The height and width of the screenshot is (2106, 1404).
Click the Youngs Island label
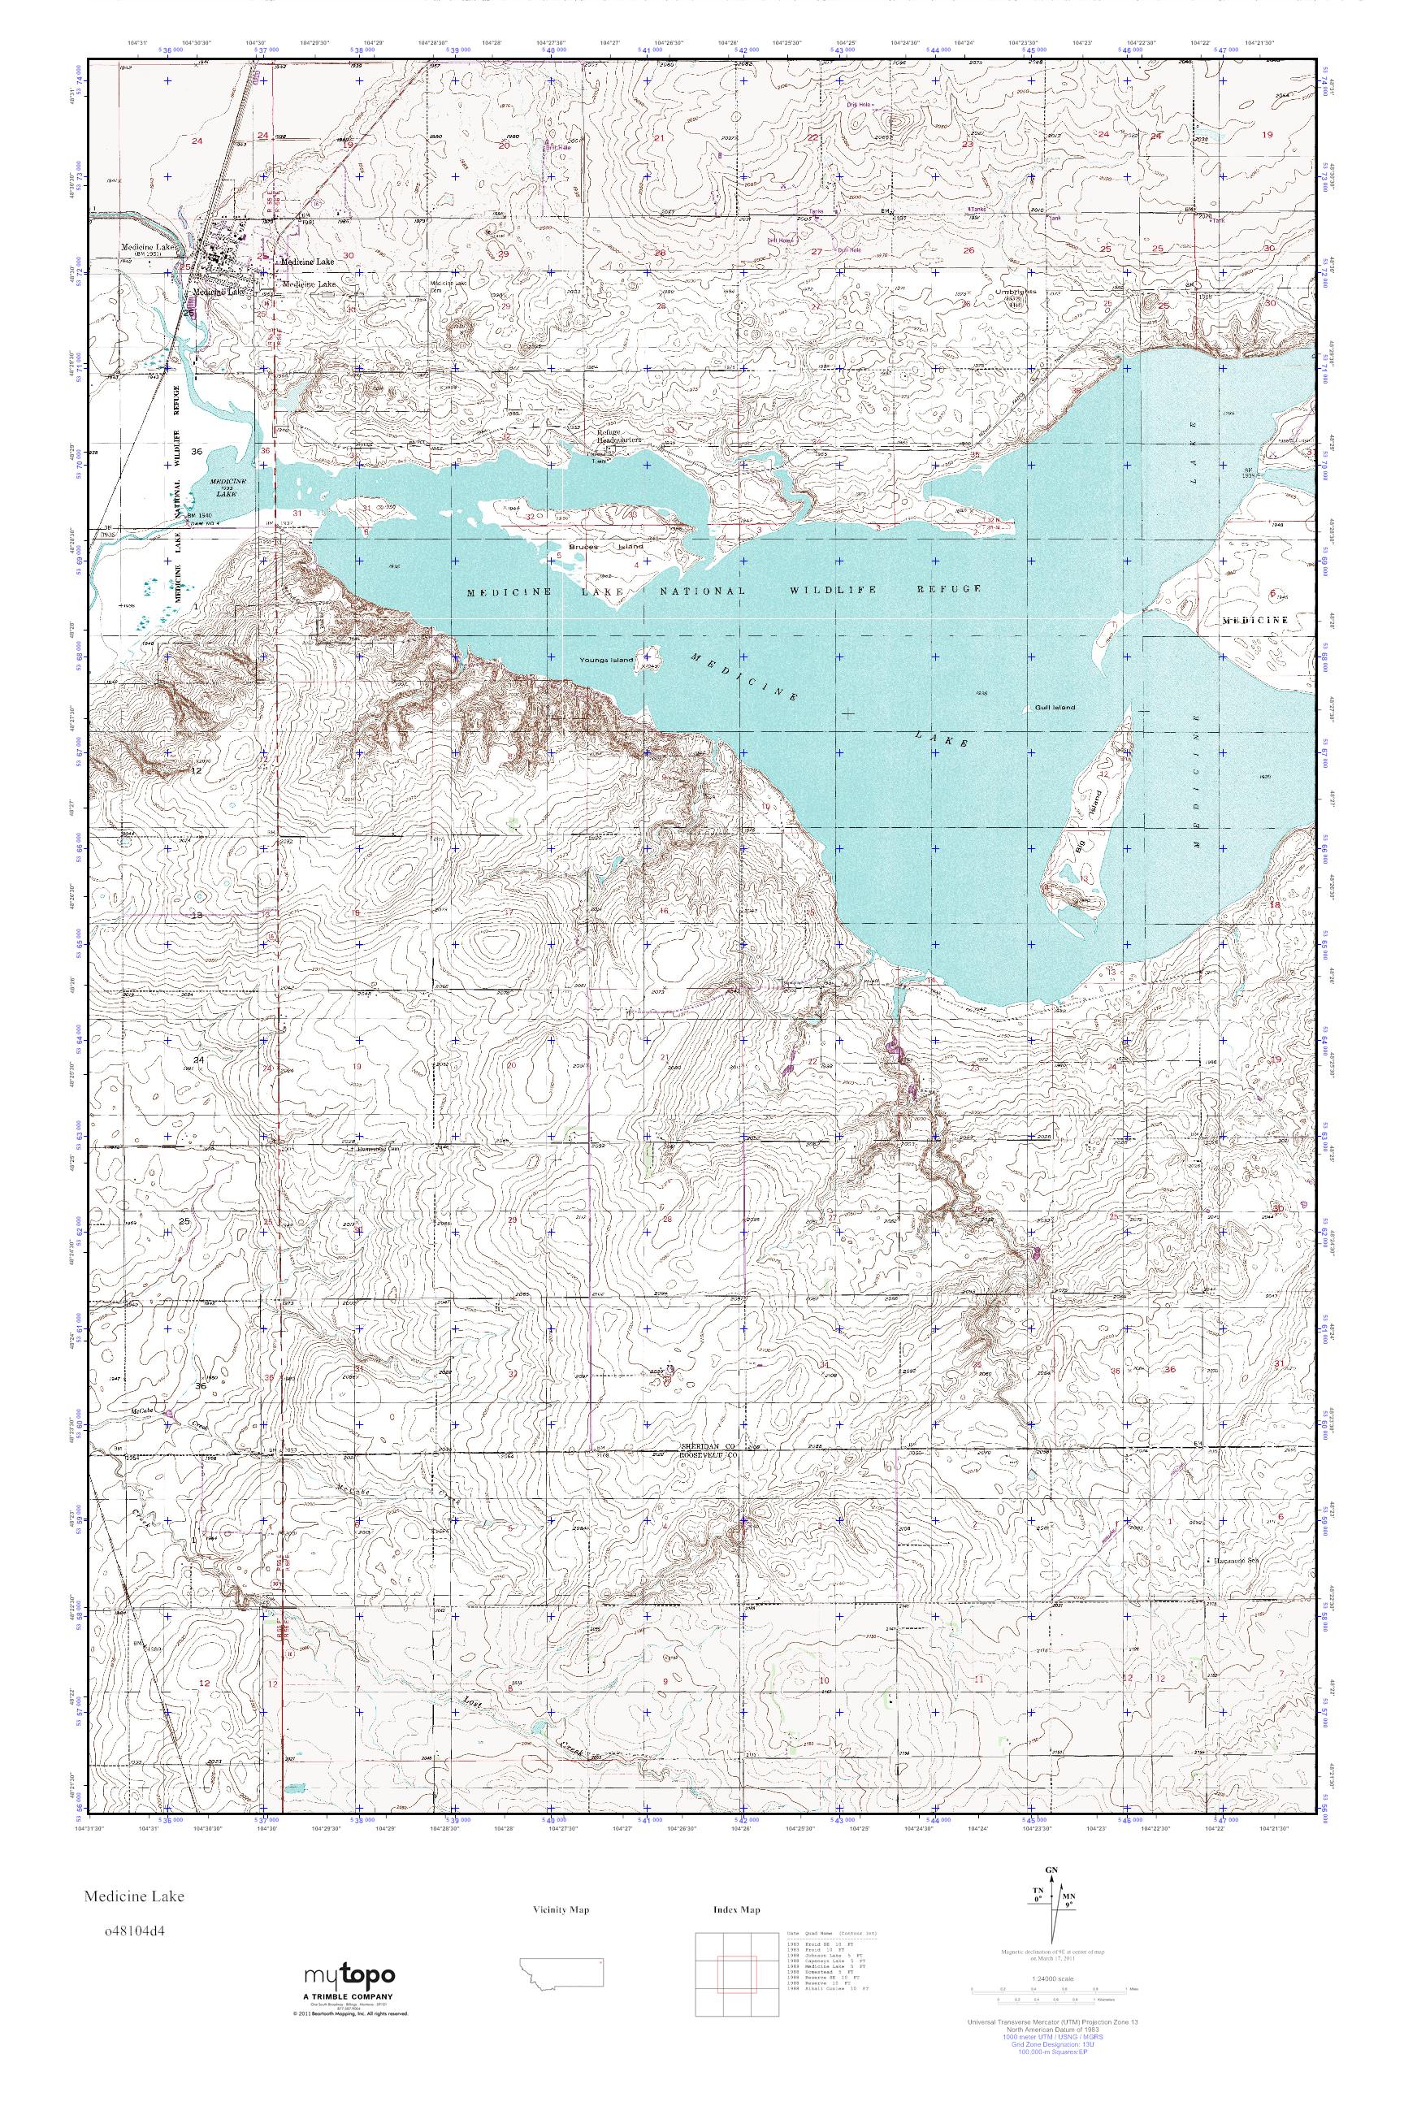click(607, 660)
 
